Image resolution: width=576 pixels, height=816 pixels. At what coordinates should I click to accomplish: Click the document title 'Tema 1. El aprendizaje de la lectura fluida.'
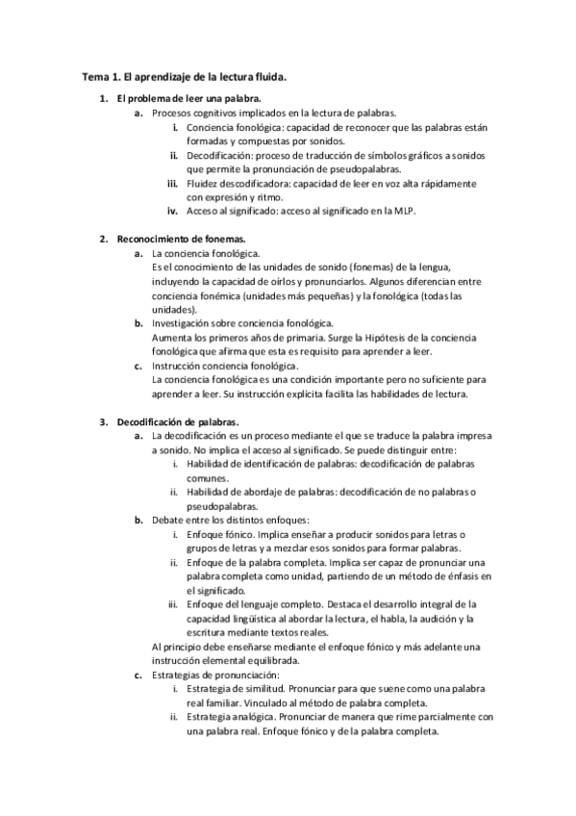(184, 75)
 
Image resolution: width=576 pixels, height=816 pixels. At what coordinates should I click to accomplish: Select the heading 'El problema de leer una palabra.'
(188, 99)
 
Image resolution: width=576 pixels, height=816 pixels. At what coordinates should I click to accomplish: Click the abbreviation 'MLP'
(408, 211)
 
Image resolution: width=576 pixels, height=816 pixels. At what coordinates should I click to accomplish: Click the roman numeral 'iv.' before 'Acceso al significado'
(173, 211)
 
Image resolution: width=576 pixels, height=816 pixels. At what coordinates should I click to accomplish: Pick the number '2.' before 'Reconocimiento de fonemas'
(105, 239)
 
